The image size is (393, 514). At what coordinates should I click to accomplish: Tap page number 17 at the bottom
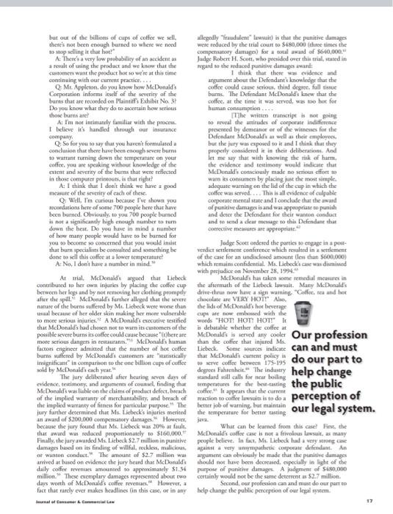pyautogui.click(x=375, y=502)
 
